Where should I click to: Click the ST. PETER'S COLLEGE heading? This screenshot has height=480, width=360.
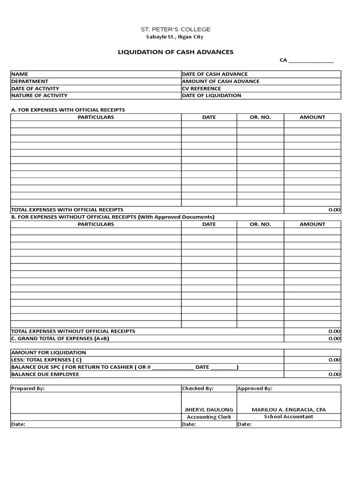176,29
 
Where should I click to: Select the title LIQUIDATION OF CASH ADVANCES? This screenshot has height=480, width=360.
176,52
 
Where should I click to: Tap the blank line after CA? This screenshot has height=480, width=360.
311,61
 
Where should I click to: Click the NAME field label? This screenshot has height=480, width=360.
20,74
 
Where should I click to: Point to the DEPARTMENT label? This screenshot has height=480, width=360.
30,81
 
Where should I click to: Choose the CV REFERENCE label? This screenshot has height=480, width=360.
202,89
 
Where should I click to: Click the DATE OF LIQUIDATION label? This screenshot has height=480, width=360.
212,96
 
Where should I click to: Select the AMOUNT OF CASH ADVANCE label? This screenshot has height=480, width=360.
221,81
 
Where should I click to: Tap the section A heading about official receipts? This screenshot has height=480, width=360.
68,110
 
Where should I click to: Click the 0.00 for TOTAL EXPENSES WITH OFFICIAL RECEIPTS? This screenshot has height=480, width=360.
334,210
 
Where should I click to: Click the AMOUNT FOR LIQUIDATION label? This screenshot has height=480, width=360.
48,352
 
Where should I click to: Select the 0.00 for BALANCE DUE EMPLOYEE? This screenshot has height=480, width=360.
334,375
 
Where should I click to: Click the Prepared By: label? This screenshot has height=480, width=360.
28,389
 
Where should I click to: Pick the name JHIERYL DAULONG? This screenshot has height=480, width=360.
209,410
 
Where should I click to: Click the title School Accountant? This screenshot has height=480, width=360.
288,417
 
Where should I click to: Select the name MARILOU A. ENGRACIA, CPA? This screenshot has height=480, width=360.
288,410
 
